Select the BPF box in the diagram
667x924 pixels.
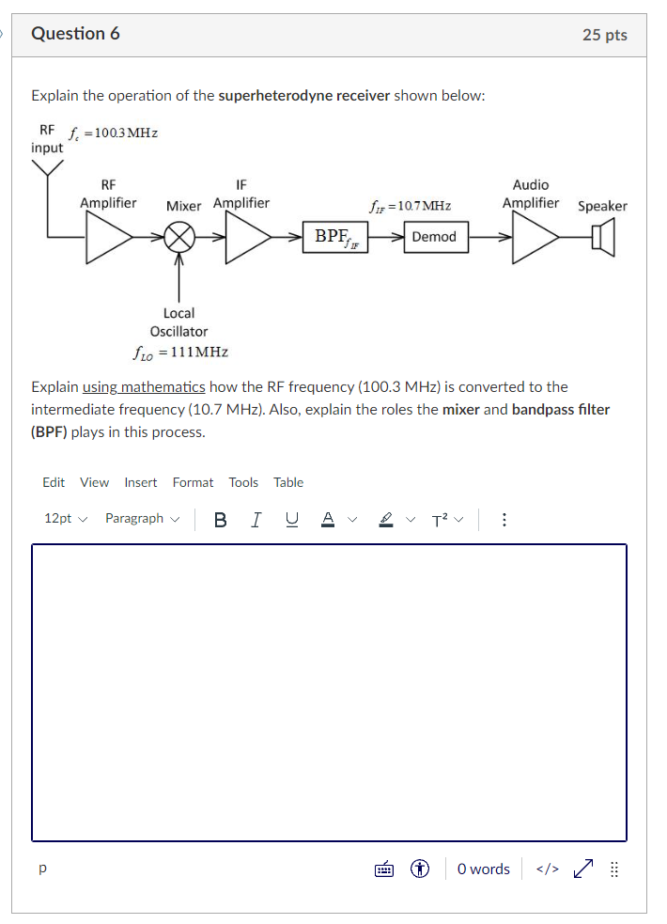pos(334,237)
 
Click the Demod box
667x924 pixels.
pos(433,237)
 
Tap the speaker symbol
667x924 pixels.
pos(603,237)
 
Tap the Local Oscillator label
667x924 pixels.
pos(178,321)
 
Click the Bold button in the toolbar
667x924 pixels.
pos(220,519)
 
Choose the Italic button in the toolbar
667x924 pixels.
pos(255,519)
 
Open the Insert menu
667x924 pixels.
pos(141,482)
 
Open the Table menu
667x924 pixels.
pos(288,482)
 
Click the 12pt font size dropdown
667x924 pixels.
pos(65,519)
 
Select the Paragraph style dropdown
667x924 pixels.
pos(140,519)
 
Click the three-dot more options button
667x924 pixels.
pos(504,519)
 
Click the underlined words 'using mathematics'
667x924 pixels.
pos(144,386)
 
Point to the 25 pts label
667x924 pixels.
pos(604,35)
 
